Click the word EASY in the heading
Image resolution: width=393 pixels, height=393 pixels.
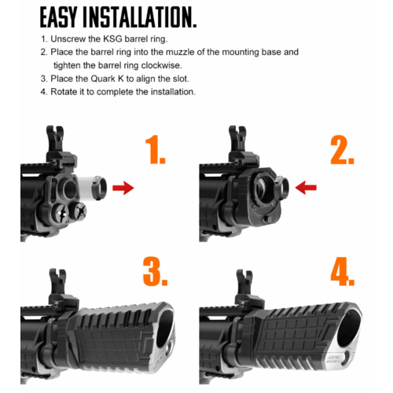point(58,17)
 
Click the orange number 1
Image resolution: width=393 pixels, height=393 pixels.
point(155,149)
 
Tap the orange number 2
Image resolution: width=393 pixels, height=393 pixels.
point(342,150)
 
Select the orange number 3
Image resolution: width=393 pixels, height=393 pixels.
point(155,271)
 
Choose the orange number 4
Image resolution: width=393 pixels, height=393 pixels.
point(343,271)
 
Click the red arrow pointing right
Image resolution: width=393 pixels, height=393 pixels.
point(123,188)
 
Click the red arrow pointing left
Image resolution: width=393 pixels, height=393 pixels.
point(306,188)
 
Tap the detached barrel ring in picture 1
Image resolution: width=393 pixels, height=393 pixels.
point(99,188)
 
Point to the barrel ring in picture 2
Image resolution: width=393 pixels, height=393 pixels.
point(281,188)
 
